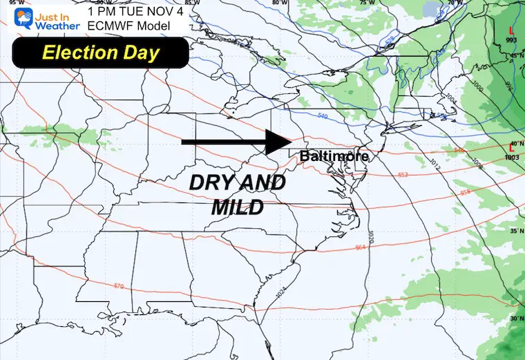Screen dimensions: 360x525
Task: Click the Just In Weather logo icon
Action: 15,16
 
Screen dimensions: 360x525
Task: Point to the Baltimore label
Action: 334,156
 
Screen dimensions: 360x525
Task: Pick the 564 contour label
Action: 359,247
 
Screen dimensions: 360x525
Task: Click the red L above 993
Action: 510,30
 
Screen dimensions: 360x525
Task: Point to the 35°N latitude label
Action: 514,231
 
